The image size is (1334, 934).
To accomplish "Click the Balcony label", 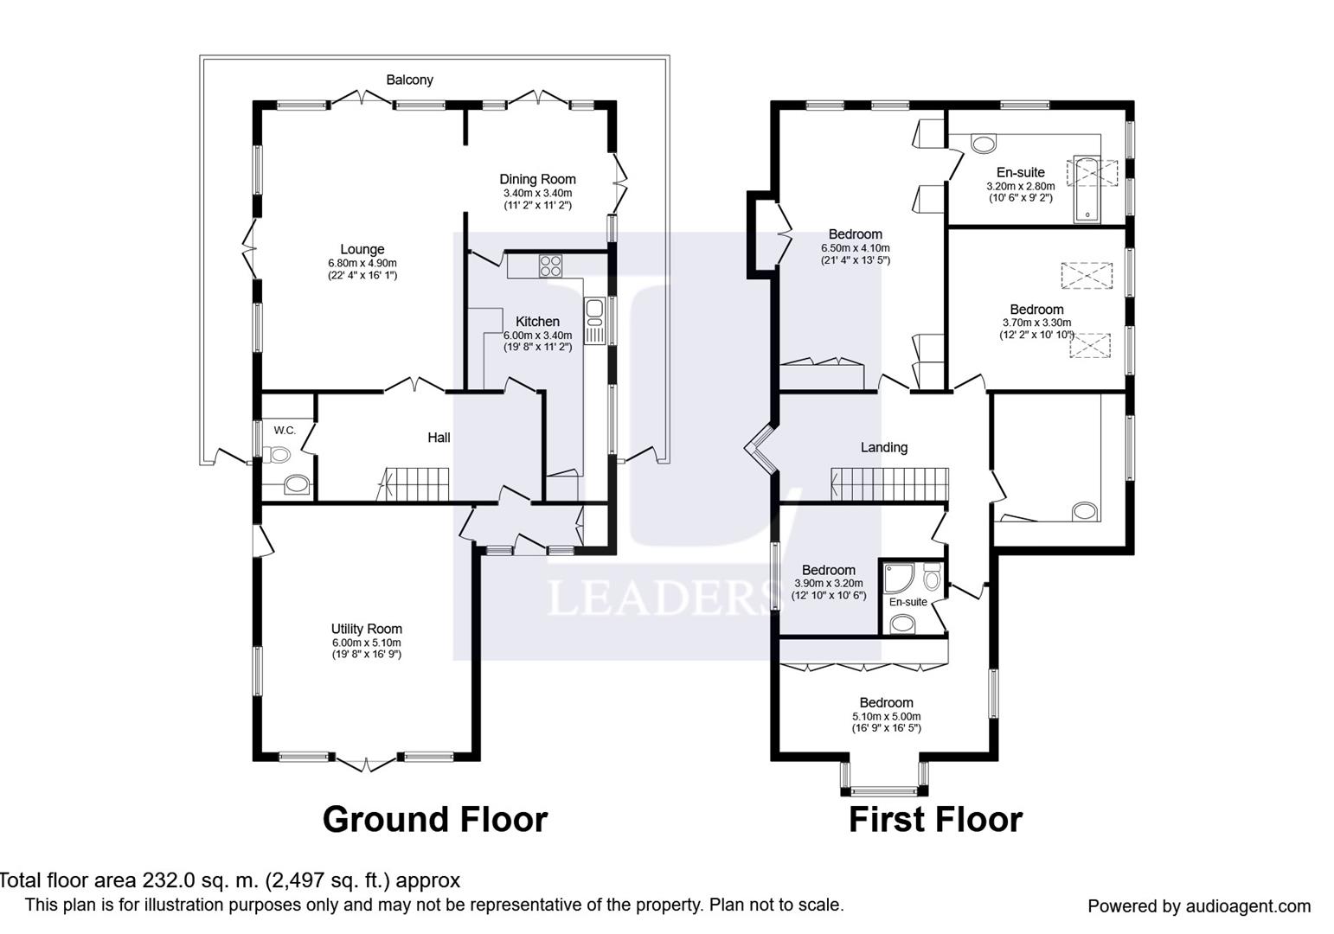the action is pos(409,80).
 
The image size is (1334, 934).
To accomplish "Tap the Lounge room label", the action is pos(362,249).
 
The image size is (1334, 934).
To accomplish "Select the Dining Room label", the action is pos(537,179).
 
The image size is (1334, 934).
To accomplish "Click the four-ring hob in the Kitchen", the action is pos(550,265).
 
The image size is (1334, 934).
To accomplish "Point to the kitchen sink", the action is pos(594,320).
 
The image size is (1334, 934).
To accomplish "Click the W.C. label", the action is pos(285,431).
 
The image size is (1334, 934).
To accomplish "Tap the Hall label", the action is pos(439,438).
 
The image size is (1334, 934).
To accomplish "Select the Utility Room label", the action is pos(366,630).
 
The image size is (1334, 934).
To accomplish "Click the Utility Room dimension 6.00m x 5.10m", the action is pos(366,643).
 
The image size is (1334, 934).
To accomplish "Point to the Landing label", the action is pos(884,448).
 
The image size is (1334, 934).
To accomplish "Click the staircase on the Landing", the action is pos(889,484).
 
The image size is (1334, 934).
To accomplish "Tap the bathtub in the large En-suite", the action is pos(1087,189).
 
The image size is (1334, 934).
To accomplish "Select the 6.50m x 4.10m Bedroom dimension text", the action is pos(856,248).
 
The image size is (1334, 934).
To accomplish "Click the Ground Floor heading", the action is pos(435,820).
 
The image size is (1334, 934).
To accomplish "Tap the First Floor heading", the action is pos(935,820).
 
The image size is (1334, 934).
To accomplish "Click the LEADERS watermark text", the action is pos(662,597).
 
